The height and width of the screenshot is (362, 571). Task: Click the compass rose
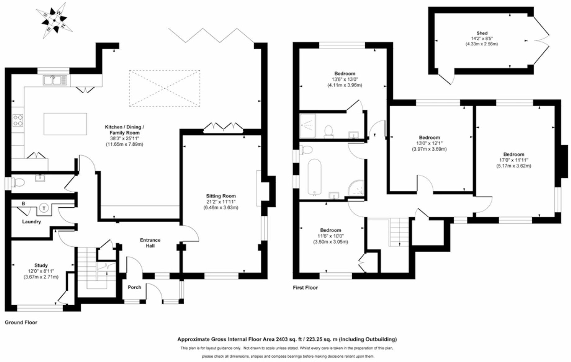coord(54,20)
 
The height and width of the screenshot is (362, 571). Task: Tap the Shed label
coord(482,33)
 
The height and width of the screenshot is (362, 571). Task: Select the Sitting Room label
coord(221,196)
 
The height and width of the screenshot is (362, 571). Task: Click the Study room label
coord(41,265)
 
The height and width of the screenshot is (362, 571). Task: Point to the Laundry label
coord(31,222)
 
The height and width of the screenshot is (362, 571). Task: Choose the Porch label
coord(134,287)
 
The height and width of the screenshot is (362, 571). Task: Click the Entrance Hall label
coord(150,243)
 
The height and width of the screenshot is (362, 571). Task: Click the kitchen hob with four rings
coord(18,120)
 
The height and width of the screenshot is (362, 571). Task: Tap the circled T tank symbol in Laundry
coord(44,208)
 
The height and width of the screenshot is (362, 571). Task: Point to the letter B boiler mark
coord(23,204)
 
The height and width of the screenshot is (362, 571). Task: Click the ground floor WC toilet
coord(18,183)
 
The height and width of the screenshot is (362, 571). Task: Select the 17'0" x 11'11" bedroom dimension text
coord(514,160)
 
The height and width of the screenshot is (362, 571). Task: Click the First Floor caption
coord(305,288)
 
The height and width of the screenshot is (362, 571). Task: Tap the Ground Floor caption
coord(21,322)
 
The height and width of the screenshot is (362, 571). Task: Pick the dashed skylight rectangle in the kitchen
coord(164,88)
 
